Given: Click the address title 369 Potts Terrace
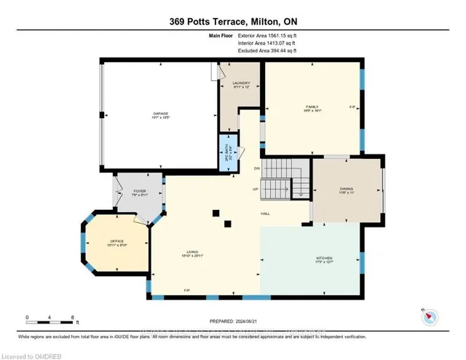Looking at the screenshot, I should click(x=233, y=20).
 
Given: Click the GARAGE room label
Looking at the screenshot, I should click(x=161, y=114).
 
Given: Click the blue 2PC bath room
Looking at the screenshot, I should click(x=226, y=152).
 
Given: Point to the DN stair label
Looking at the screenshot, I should click(x=257, y=169).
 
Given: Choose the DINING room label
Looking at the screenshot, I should click(x=346, y=190).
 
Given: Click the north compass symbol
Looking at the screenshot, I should click(x=430, y=316).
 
